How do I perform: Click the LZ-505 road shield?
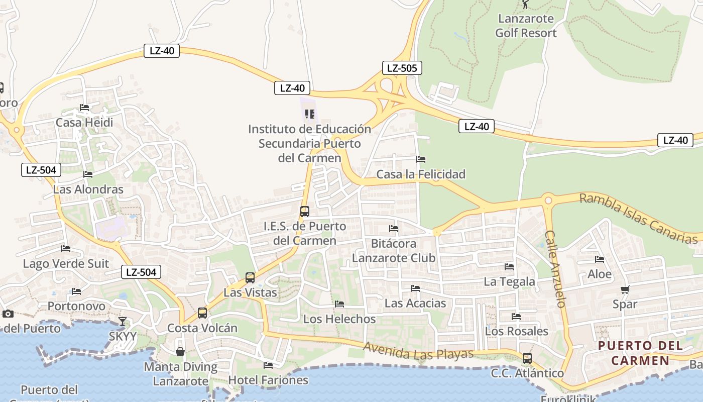[x=402, y=68]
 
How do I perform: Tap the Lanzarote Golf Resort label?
[x=526, y=26]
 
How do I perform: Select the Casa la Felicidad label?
[x=421, y=174]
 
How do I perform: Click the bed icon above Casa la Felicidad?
[x=421, y=159]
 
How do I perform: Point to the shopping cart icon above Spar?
[x=625, y=289]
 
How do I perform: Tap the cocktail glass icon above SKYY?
[x=123, y=322]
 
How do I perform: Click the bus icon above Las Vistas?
[x=250, y=277]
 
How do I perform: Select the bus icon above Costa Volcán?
[x=202, y=313]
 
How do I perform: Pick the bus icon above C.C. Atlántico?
[x=527, y=358]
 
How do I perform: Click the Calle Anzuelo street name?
[x=555, y=269]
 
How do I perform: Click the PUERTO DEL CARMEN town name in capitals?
[x=640, y=353]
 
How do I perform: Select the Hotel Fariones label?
[x=268, y=380]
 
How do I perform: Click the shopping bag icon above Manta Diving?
[x=180, y=352]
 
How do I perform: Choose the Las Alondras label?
[x=88, y=189]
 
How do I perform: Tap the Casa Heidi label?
[x=84, y=123]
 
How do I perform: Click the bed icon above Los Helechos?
[x=339, y=304]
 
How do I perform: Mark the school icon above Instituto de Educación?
[x=309, y=114]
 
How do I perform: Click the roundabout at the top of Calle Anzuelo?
[x=548, y=200]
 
